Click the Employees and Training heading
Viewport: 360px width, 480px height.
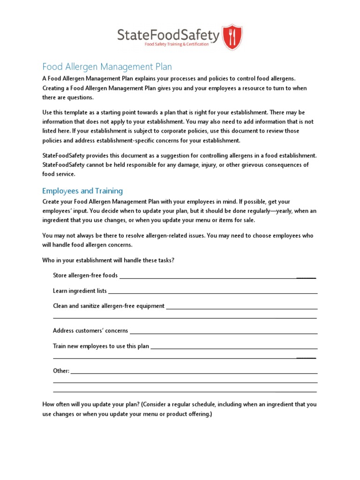pyautogui.click(x=82, y=191)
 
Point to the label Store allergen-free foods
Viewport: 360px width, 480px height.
pyautogui.click(x=85, y=275)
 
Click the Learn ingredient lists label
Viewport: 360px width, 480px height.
pyautogui.click(x=80, y=291)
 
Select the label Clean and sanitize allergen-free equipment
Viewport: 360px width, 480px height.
pyautogui.click(x=109, y=306)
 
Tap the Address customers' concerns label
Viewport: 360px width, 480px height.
pyautogui.click(x=90, y=330)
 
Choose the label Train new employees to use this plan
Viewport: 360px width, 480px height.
pyautogui.click(x=101, y=346)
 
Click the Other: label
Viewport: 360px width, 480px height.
pyautogui.click(x=61, y=371)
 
